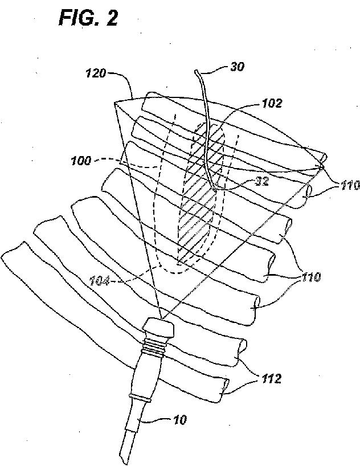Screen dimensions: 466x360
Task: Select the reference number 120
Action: pyautogui.click(x=96, y=74)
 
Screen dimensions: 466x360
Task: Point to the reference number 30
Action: pyautogui.click(x=238, y=67)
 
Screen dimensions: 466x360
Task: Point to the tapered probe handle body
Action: pyautogui.click(x=144, y=373)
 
